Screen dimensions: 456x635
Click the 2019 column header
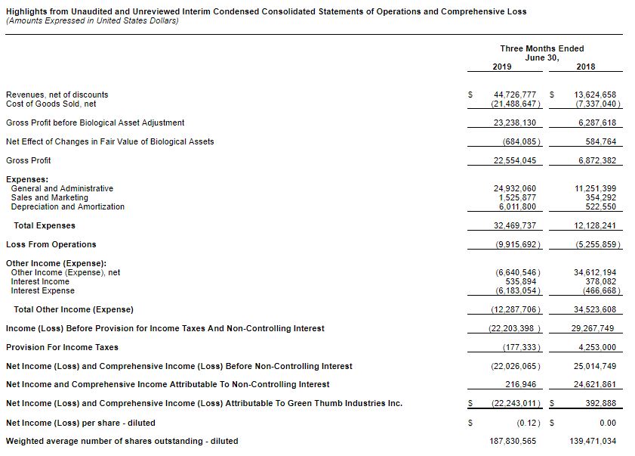[x=501, y=67]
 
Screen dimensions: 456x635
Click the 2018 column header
[x=585, y=67]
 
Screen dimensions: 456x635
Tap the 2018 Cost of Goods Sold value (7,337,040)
[x=596, y=104]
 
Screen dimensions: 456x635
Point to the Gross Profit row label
[x=28, y=160]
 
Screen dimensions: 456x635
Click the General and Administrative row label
[x=62, y=188]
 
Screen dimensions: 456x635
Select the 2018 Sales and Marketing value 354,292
[x=601, y=197]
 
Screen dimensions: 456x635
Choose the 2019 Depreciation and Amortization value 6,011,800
[x=517, y=206]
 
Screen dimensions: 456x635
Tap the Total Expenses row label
[x=45, y=225]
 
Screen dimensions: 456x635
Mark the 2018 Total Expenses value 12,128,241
[x=595, y=225]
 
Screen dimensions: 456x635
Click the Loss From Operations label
[x=51, y=244]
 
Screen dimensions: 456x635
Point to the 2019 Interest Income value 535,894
[x=520, y=281]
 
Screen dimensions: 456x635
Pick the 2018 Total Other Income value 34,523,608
[x=595, y=309]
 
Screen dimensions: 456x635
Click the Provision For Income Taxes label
[x=62, y=347]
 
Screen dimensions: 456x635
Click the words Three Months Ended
[x=542, y=48]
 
